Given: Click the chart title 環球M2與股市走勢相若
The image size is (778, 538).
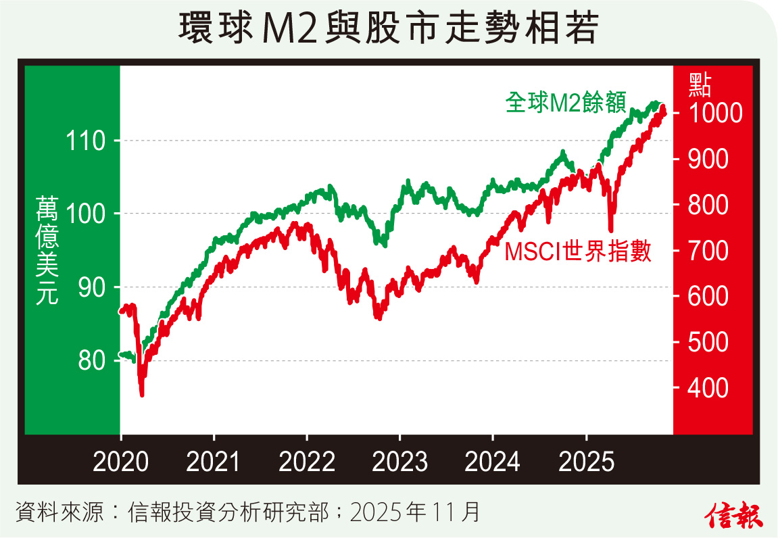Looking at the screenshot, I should (x=388, y=28).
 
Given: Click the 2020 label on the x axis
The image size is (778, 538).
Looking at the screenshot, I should (x=120, y=462).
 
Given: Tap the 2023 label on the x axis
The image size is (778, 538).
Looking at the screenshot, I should (x=400, y=462).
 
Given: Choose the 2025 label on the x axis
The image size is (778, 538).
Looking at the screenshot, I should (x=586, y=462).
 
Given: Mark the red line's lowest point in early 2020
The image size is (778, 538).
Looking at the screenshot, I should (x=142, y=394).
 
